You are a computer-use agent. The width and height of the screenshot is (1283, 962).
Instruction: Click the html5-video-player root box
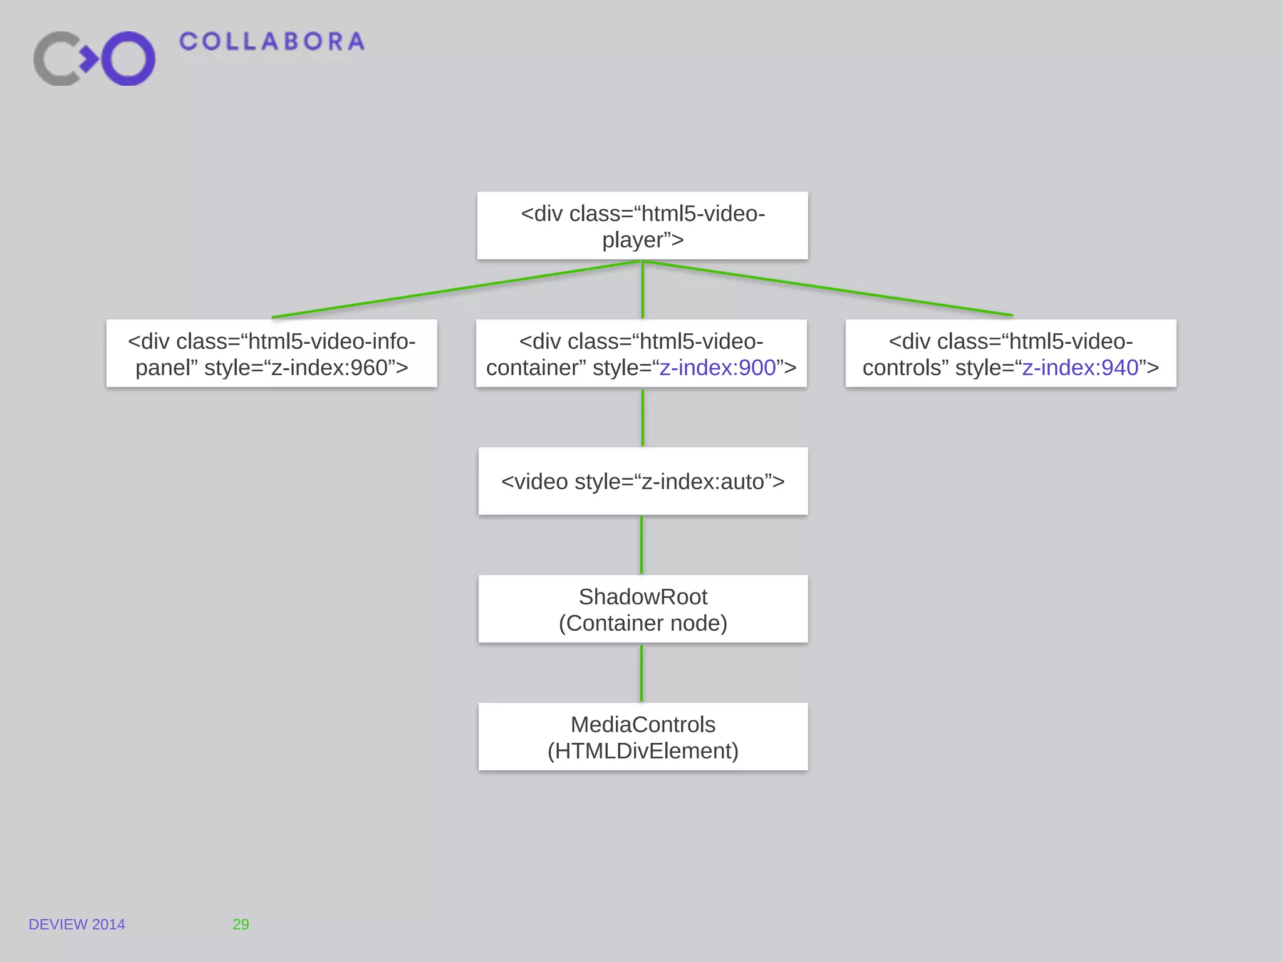(x=642, y=225)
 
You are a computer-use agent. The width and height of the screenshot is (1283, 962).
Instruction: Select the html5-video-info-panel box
(x=271, y=353)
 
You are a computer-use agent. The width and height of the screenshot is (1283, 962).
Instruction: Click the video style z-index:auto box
(x=643, y=481)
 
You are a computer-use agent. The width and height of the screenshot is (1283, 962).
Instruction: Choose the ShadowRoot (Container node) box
(x=643, y=609)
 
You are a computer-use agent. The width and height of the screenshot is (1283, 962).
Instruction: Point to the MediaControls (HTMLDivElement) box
(x=643, y=737)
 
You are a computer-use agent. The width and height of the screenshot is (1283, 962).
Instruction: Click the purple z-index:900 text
(x=718, y=368)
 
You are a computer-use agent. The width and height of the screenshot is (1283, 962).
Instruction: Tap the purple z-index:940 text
(x=1080, y=368)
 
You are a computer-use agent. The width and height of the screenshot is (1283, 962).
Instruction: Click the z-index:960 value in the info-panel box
(x=330, y=368)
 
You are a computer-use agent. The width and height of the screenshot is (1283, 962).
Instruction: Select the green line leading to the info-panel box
(x=456, y=290)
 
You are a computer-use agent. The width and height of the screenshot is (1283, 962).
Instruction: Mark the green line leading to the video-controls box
(x=827, y=288)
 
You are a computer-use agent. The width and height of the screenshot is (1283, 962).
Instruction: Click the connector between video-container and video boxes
(x=642, y=417)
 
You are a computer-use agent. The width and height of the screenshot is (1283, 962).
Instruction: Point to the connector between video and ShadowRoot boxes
(x=641, y=545)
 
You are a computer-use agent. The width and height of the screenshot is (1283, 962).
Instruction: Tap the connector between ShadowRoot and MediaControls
(x=641, y=673)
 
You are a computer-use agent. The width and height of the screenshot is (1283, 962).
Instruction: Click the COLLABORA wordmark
(x=272, y=42)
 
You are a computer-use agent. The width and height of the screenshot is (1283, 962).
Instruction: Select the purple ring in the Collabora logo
(x=128, y=58)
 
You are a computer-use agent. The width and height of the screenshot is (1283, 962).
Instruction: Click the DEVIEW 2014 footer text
(x=76, y=924)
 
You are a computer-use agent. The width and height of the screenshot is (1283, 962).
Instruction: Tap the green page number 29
(x=241, y=924)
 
